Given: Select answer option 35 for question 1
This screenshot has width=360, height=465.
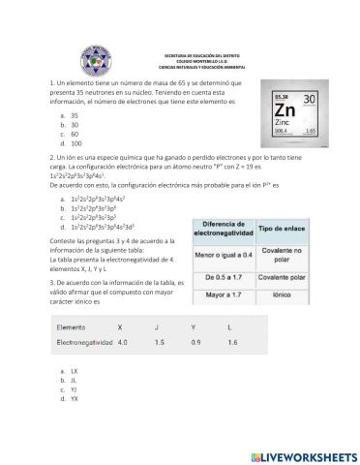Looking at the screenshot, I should coord(75,115).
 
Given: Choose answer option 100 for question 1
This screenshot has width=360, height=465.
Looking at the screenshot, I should coord(76,143).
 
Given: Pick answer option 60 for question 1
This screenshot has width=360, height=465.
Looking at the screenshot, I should coord(75,134).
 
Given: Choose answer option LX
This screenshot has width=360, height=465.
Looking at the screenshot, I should coord(75,371).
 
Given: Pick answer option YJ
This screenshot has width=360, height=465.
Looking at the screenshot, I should coord(75,388).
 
